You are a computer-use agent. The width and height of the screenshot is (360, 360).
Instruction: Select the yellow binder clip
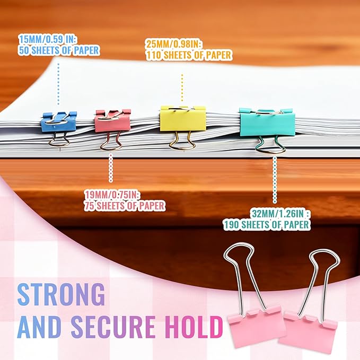point(183,119)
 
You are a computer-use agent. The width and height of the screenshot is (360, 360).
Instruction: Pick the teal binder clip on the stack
point(267,124)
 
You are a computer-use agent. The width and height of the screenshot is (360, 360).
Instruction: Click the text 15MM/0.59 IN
point(47,39)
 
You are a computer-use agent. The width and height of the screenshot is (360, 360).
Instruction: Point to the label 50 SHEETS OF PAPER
point(59,50)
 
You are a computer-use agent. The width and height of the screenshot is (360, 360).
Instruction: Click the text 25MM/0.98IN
point(174,44)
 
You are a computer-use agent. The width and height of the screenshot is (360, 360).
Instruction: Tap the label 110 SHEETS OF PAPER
point(189,55)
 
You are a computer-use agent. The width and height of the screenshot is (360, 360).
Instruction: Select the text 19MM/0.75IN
point(112,195)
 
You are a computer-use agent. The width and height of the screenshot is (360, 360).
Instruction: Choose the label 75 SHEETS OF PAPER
point(125,206)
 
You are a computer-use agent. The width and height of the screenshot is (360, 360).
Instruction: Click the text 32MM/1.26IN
point(280,214)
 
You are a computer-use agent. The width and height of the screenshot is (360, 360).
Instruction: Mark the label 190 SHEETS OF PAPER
point(267,225)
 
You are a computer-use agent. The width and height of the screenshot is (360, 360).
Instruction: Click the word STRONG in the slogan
point(62,294)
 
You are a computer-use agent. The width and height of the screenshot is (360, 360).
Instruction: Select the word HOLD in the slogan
point(194,327)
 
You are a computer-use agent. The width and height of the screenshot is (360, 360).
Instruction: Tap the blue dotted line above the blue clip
point(58,84)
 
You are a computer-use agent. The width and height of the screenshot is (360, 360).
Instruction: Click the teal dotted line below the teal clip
point(275,180)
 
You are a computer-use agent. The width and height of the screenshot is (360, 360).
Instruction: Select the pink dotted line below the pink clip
point(111,168)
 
